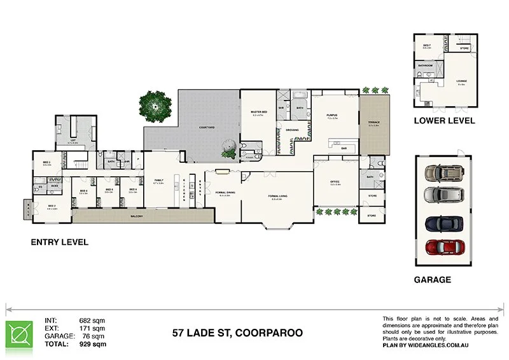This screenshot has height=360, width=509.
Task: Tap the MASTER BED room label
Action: coord(259,112)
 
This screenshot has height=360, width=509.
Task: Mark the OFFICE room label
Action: coord(335,182)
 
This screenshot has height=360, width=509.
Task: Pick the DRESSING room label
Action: coord(292,130)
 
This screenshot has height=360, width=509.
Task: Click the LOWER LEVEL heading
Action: coord(444,120)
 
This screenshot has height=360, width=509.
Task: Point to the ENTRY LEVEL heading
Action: coord(60,242)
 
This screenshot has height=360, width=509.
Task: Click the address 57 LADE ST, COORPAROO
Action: coord(238,333)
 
